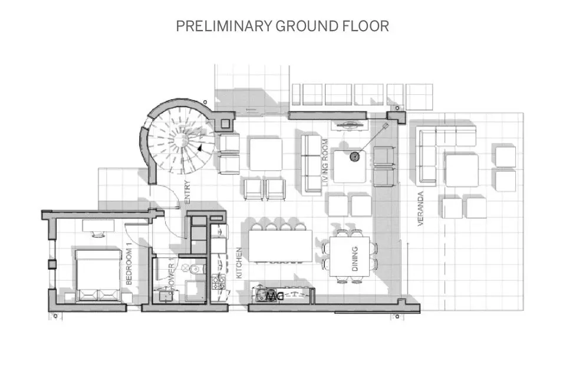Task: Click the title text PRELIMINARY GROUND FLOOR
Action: click(282, 26)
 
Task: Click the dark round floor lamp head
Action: click(355, 156)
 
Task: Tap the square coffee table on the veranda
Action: click(461, 171)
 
